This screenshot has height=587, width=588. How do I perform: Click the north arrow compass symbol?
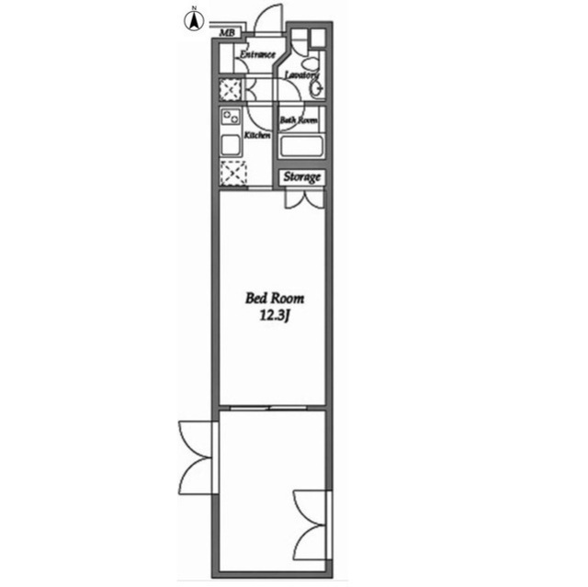point(194,19)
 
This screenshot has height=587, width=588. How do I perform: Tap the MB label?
point(227,33)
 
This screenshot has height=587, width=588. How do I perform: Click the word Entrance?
point(257,55)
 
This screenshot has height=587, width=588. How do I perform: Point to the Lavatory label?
point(302,75)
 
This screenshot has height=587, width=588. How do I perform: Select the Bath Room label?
point(299,120)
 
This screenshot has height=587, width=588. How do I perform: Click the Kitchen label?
point(257,135)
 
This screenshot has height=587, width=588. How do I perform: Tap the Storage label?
point(302,177)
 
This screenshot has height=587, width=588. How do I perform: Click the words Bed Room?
point(275,299)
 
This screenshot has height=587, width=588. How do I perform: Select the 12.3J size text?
point(275,316)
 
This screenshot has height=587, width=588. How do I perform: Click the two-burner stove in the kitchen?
point(231,117)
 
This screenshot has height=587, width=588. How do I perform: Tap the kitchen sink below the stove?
point(231,145)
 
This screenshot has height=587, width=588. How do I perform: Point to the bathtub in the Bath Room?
point(301,147)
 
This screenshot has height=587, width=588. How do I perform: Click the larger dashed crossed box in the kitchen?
point(233,174)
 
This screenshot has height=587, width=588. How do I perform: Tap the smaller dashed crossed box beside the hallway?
point(230,90)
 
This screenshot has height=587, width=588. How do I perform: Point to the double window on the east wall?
point(312,525)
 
